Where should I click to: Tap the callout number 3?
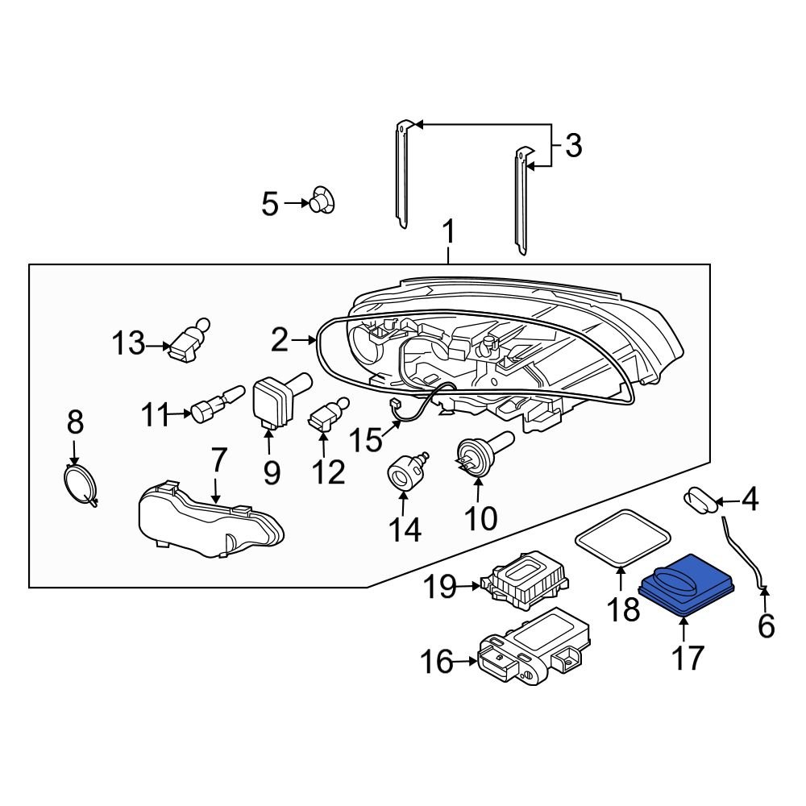[573, 145]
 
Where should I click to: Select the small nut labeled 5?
[322, 200]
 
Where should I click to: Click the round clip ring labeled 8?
[80, 484]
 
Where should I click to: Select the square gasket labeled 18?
[621, 539]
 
